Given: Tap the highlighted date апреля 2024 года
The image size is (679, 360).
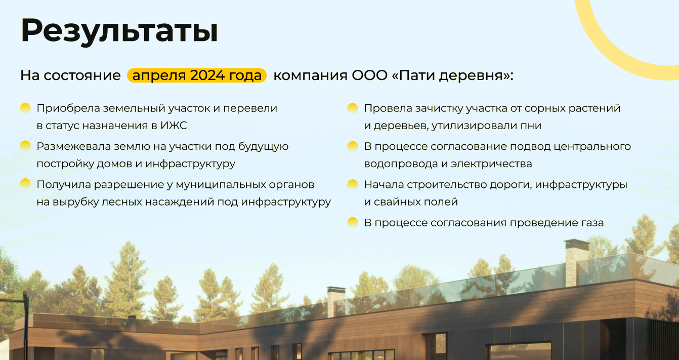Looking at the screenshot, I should [x=197, y=76].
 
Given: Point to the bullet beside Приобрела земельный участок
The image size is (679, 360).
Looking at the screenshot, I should [x=25, y=108].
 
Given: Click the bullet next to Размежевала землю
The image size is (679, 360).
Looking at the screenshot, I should [x=25, y=146].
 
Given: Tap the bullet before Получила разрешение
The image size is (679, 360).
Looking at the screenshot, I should [x=25, y=183].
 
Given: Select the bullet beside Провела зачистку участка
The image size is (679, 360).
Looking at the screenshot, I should [x=353, y=108].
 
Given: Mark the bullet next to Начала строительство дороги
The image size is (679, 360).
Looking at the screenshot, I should [x=353, y=184].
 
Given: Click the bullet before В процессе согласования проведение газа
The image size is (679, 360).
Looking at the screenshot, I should [x=353, y=222].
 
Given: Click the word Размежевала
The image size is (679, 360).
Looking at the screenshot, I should [x=72, y=146].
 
